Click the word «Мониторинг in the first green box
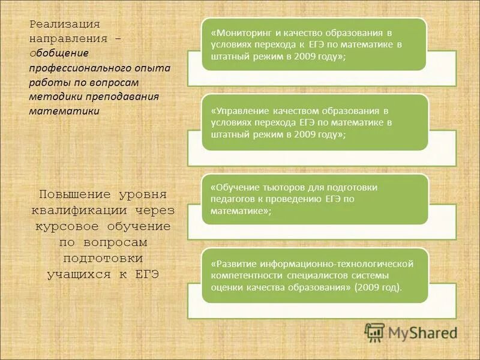(238, 33)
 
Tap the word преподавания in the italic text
(126, 97)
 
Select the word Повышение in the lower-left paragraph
(74, 194)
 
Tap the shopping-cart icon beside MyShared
(374, 332)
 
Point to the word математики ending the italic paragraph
(64, 111)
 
